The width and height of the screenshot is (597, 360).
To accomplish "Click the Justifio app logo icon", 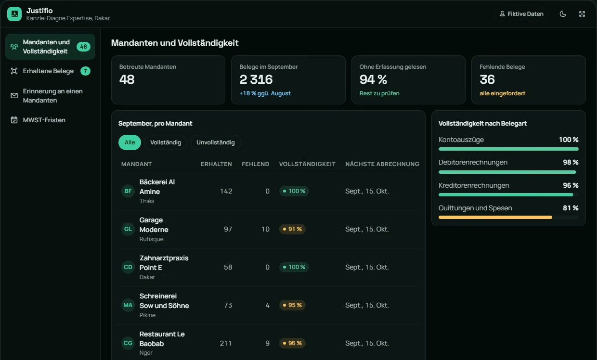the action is pos(14,14).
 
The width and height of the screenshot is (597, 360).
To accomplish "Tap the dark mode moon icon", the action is pos(563,14).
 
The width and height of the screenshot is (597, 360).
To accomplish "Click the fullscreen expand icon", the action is pos(582,14).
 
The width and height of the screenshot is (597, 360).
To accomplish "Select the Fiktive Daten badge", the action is pos(521,14).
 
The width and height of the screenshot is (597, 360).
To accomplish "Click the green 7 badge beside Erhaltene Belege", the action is pos(85,71).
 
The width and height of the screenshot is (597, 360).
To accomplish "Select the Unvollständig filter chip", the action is pos(215,142).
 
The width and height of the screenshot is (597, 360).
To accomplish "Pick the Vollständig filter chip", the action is pos(166,142).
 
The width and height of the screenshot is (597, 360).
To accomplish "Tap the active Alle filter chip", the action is pos(130,142).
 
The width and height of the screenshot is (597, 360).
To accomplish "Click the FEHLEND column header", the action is pos(255,164).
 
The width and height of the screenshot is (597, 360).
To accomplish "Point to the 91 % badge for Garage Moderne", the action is pos(292,229).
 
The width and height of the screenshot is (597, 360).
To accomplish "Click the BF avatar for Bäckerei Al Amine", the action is pos(128,191).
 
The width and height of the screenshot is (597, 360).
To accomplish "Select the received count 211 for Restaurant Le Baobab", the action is pos(226,343).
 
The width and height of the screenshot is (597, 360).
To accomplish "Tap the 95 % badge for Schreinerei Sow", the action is pos(292,305).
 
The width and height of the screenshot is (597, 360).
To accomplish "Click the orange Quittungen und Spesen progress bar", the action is pos(495,218).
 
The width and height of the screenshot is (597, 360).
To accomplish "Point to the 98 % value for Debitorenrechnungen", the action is pos(571,162).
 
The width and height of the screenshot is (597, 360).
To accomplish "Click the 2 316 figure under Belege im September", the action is pos(256,79).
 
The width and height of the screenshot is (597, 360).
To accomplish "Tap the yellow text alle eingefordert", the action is pos(502,93).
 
